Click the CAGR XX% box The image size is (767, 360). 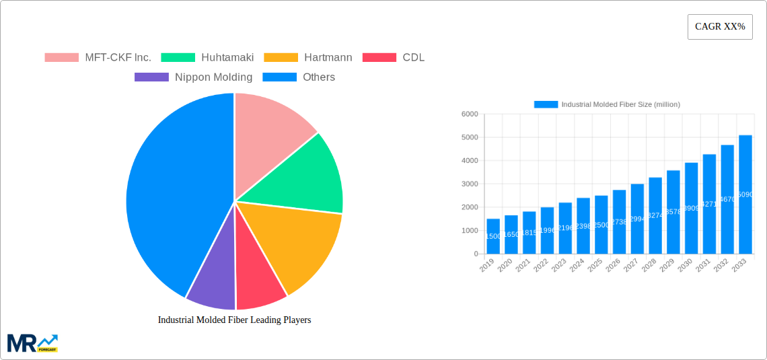coord(719,27)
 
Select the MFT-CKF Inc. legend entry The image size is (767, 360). coord(98,57)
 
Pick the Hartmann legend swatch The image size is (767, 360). coord(281,57)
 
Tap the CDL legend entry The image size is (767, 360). coord(394,57)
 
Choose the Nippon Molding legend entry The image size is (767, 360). coord(194,77)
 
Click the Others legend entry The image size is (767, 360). coord(299,77)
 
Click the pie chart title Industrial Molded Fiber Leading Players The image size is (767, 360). coord(234,320)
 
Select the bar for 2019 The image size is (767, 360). coord(493,236)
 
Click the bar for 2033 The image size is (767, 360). coord(745,194)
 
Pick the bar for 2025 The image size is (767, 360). coord(601,225)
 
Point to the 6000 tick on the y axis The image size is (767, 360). coord(469,114)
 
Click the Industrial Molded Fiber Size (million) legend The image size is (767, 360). coord(607,104)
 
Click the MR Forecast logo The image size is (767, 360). coord(32,343)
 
